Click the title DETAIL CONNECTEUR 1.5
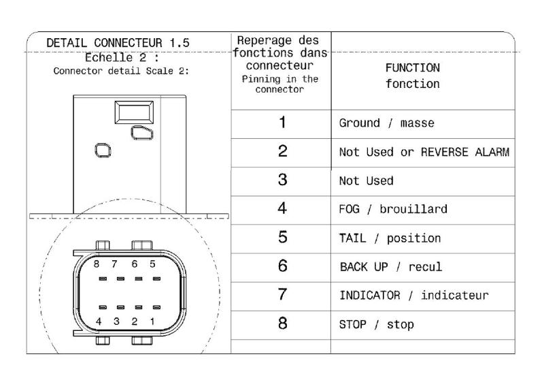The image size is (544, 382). tap(118, 43)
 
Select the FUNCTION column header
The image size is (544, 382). tap(412, 76)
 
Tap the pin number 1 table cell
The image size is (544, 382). tap(282, 123)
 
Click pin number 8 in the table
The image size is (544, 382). tap(282, 323)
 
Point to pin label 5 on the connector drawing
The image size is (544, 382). tap(152, 264)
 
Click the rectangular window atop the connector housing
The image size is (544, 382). tap(133, 112)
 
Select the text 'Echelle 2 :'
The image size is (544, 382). tap(122, 57)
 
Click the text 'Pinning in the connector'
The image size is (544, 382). tap(279, 84)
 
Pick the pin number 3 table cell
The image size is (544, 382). tap(282, 180)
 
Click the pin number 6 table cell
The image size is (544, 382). tap(282, 266)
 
